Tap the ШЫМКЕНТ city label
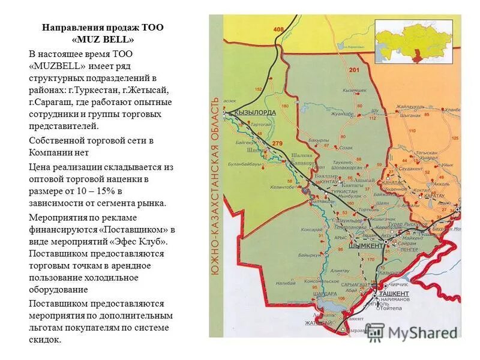click(367, 246)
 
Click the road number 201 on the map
click(353, 71)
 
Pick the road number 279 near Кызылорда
click(277, 143)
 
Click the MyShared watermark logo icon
click(374, 332)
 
